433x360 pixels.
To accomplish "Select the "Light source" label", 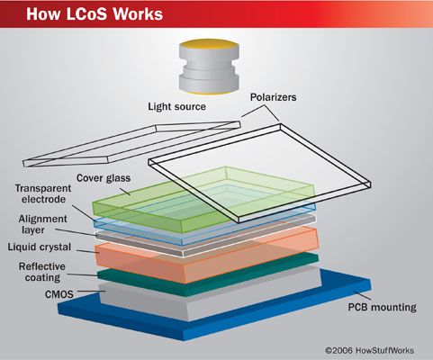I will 176,106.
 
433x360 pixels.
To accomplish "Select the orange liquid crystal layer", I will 207,245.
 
